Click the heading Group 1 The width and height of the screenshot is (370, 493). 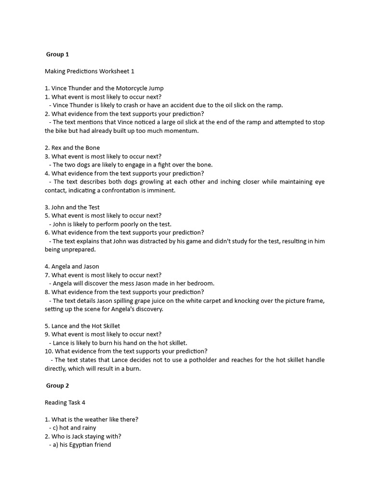point(57,54)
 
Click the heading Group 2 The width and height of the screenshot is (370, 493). point(57,386)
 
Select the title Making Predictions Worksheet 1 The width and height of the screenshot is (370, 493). point(90,71)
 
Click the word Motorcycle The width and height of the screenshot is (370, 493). point(132,88)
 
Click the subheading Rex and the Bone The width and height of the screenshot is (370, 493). point(72,148)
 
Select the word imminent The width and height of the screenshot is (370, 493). point(161,190)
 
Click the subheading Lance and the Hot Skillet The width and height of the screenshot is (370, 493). point(82,326)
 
